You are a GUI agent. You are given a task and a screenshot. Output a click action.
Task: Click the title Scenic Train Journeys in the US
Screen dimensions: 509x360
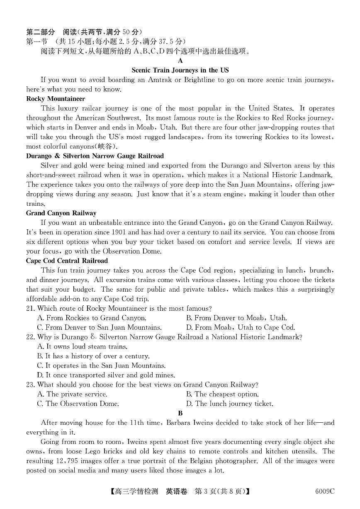click(180, 70)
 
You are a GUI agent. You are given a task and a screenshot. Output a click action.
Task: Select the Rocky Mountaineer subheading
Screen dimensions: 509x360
click(56, 99)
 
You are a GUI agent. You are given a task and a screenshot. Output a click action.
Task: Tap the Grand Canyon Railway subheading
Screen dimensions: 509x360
click(61, 213)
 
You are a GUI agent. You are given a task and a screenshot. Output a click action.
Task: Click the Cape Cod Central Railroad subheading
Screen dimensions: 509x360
click(67, 261)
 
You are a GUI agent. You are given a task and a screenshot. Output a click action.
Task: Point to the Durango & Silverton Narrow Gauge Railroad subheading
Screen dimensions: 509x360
click(95, 156)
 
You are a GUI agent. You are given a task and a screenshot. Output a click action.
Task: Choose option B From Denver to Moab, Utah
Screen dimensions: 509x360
click(236, 318)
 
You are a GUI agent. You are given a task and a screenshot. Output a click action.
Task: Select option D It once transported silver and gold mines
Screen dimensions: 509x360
click(106, 375)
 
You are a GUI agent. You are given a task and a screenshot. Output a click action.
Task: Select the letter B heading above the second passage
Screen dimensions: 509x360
click(180, 413)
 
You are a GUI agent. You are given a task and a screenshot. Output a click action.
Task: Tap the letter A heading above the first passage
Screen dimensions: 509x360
click(180, 61)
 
